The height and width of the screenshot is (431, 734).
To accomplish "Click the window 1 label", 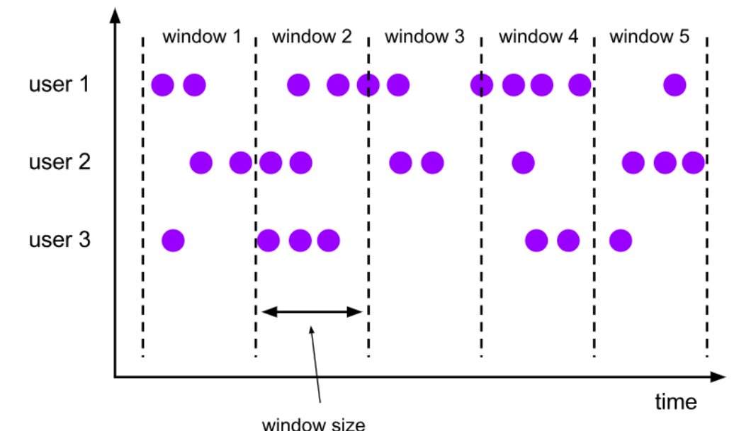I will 202,37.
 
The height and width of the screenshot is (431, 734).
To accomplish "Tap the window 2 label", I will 312,37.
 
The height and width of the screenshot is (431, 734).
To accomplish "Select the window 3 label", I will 424,37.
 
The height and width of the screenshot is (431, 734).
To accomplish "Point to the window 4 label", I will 538,37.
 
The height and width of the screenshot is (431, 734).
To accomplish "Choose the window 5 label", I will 649,37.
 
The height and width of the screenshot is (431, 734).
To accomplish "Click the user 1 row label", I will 60,85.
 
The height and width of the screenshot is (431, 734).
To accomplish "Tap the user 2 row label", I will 60,163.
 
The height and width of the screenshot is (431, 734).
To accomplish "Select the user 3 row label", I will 60,241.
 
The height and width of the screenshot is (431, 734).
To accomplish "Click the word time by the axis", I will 675,402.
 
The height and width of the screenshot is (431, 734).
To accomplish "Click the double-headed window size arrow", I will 312,311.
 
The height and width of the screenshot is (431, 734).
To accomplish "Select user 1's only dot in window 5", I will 674,86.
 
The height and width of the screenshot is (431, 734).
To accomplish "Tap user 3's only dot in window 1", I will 173,241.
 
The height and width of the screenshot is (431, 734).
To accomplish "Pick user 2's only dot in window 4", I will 523,163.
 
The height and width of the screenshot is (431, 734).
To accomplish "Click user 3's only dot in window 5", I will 620,241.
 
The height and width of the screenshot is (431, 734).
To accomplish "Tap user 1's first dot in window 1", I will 162,86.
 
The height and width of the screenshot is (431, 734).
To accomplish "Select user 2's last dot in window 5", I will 694,163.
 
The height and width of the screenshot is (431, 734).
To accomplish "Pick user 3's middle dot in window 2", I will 300,241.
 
